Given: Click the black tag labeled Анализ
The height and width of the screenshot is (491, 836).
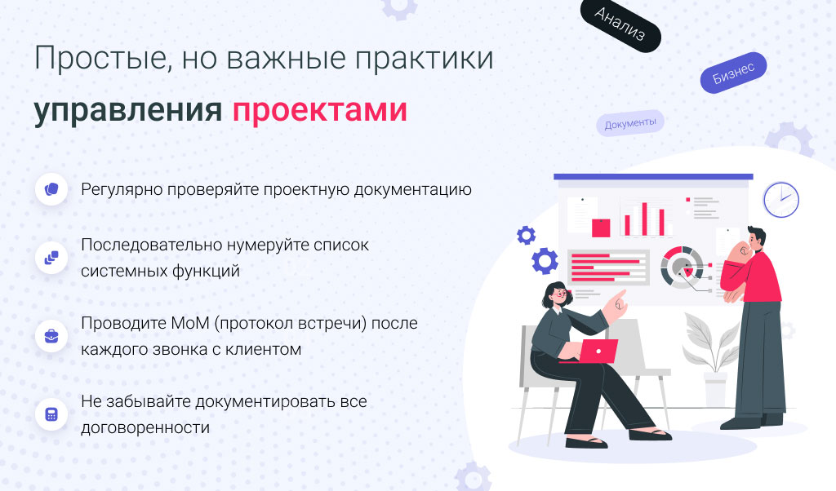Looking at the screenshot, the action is pyautogui.click(x=620, y=25).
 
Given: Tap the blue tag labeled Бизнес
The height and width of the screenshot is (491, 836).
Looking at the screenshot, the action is pyautogui.click(x=734, y=73).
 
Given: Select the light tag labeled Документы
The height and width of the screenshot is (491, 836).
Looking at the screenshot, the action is pyautogui.click(x=630, y=123).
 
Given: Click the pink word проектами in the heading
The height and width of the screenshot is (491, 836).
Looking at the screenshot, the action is pyautogui.click(x=320, y=111).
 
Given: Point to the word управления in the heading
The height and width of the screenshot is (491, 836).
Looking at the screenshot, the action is pyautogui.click(x=128, y=111).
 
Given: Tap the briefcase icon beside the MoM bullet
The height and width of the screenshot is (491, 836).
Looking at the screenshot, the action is pyautogui.click(x=51, y=337).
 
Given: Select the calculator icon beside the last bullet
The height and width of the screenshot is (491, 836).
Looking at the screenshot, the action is pyautogui.click(x=51, y=415).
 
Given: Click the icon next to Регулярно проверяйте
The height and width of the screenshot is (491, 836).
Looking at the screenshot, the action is pyautogui.click(x=51, y=189).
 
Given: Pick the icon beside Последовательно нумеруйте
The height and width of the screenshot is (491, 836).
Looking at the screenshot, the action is pyautogui.click(x=51, y=258).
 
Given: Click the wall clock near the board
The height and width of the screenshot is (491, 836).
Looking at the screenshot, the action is pyautogui.click(x=781, y=200).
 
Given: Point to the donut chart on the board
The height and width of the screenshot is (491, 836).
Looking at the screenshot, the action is pyautogui.click(x=682, y=267).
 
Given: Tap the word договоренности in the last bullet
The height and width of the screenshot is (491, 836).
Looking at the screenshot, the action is pyautogui.click(x=145, y=427).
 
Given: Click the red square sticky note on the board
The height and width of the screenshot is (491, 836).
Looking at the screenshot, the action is pyautogui.click(x=601, y=228).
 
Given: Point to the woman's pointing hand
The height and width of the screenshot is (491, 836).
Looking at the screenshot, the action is pyautogui.click(x=617, y=303).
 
